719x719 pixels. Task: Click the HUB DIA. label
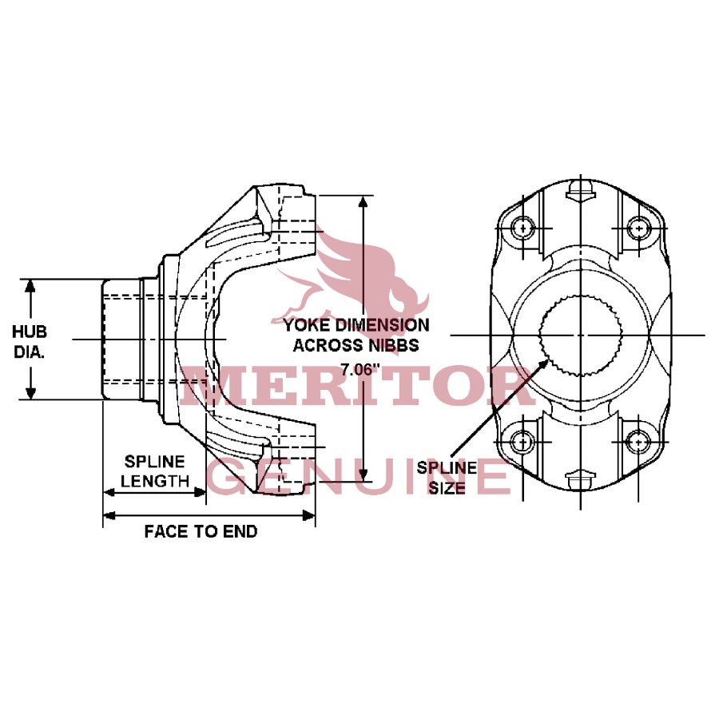point(30,340)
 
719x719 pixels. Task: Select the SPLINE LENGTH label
point(155,471)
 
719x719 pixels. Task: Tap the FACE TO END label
point(201,531)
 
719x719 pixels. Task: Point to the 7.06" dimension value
point(357,368)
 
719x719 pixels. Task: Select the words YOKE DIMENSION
point(356,325)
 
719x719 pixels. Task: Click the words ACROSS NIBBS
point(356,346)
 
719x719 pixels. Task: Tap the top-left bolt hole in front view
point(523,228)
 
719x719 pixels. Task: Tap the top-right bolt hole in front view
point(638,228)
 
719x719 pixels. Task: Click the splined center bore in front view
point(580,334)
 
